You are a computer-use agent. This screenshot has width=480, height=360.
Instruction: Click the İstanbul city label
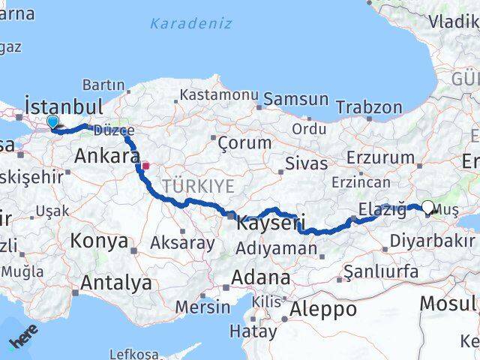click(64, 105)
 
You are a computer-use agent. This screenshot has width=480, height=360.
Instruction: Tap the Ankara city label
click(106, 157)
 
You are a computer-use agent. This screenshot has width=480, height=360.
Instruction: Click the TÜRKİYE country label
click(199, 186)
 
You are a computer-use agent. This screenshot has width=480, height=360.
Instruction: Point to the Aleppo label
click(323, 308)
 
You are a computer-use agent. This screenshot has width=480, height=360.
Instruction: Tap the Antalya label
click(115, 283)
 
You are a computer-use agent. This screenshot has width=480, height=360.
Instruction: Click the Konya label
click(99, 241)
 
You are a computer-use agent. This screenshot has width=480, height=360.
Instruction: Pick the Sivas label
click(306, 163)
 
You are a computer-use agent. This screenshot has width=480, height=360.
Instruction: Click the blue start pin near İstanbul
click(52, 122)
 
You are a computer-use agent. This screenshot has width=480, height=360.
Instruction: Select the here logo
click(22, 339)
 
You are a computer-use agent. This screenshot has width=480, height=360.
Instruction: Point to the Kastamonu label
click(208, 95)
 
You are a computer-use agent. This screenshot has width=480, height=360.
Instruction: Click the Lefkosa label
click(134, 353)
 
